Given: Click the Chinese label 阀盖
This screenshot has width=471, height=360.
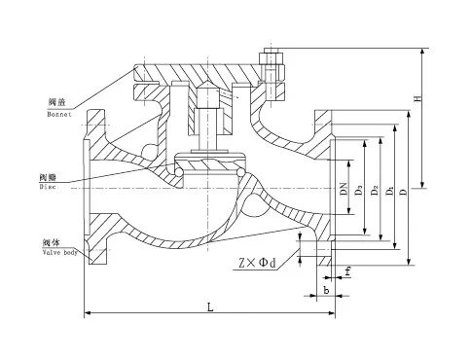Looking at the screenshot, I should tap(56, 102).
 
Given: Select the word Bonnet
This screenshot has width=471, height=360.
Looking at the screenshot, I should tap(59, 113).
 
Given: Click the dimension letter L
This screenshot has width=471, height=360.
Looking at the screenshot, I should tap(211, 307).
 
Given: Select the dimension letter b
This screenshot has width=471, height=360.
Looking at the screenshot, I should tap(325, 289).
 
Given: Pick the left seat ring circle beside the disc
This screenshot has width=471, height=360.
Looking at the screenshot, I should tap(180, 174).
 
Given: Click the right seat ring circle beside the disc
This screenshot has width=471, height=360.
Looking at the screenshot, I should tap(240, 174).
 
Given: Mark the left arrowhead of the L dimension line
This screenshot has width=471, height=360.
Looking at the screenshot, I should tap(90, 313).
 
